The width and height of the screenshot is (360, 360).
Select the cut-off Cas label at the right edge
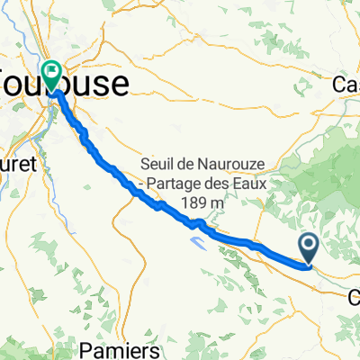coord(346,85)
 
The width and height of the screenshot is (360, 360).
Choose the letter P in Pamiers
coord(111,348)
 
